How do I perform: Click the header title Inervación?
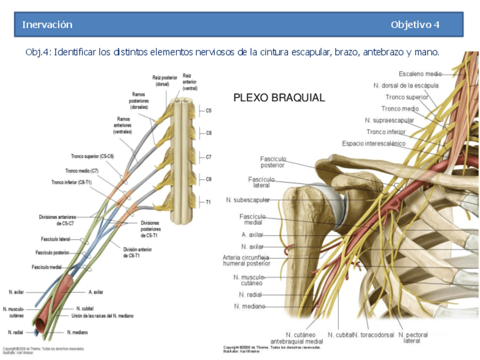point(47,24)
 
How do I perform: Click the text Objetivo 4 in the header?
point(414,24)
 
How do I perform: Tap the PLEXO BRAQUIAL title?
point(279,98)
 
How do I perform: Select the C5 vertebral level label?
point(208,111)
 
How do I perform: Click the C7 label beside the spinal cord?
point(208,157)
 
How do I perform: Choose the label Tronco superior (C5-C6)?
point(92,156)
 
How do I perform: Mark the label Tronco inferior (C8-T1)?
point(72,182)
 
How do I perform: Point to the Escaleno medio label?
point(419,74)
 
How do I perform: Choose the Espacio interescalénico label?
point(374,144)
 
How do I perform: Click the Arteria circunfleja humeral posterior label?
point(246,260)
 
